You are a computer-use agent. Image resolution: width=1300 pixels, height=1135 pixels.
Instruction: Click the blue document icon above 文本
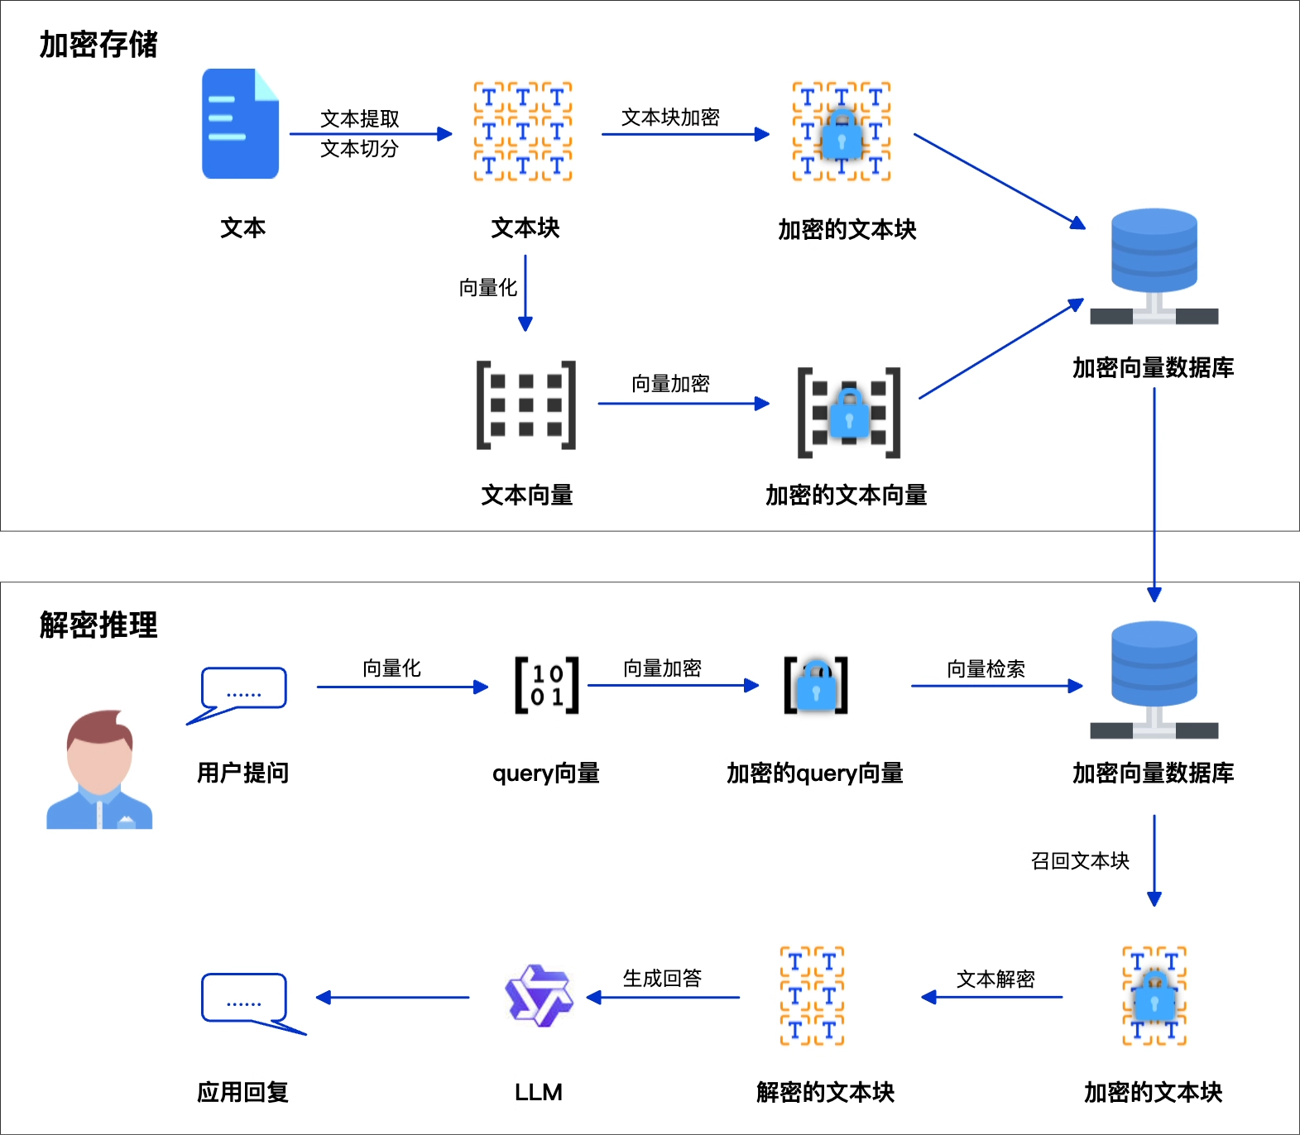(240, 124)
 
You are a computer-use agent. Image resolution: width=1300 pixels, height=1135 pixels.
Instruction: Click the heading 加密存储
(98, 45)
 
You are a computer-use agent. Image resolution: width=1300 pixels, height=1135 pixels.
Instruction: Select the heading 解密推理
(98, 625)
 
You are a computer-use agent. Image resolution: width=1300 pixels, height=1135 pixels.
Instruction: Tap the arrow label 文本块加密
(670, 117)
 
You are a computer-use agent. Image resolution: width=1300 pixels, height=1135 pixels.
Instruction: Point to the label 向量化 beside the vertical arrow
(487, 288)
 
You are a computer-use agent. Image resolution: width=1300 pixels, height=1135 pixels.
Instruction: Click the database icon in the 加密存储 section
(1154, 265)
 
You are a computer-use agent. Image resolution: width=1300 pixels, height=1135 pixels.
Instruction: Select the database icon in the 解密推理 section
(1154, 678)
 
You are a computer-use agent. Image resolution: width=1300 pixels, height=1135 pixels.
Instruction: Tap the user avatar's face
(99, 757)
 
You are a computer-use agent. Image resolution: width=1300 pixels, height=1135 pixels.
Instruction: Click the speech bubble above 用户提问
(244, 689)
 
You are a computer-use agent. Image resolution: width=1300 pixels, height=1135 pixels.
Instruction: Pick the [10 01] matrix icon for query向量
(547, 685)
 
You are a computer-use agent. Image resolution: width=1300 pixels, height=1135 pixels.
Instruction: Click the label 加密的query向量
(814, 773)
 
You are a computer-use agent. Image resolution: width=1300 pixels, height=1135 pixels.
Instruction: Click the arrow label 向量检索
(986, 668)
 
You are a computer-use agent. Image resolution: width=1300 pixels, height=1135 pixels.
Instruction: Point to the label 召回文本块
(1080, 860)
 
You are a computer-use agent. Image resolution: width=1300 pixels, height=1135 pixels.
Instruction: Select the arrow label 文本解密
(995, 979)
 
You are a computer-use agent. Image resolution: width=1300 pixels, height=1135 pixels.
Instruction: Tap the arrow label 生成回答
(662, 978)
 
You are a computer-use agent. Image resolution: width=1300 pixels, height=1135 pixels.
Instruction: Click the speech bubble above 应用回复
(244, 998)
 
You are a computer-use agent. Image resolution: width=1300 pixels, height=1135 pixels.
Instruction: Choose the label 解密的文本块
(825, 1092)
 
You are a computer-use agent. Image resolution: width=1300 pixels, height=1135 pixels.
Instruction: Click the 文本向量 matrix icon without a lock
(526, 405)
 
